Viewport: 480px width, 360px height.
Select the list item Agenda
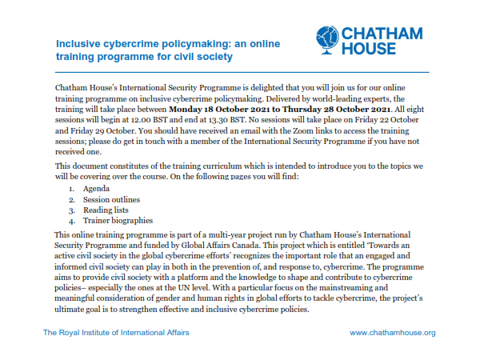98,187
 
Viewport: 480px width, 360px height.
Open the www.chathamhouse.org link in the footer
393,332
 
